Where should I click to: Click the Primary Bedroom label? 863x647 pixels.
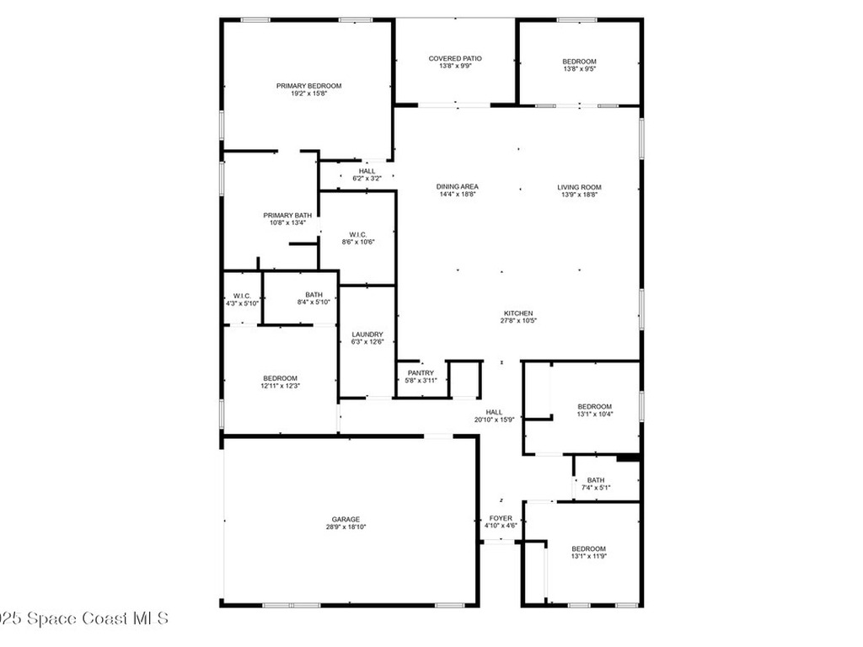[308, 85]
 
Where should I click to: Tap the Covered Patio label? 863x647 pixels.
[455, 58]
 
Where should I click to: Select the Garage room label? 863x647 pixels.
[345, 519]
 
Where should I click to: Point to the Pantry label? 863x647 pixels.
[421, 372]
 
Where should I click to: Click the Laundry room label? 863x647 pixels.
[367, 334]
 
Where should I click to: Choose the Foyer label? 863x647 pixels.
[501, 518]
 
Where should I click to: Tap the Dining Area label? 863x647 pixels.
[458, 187]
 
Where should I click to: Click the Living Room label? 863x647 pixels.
[579, 187]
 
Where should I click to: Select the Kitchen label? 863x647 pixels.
[518, 313]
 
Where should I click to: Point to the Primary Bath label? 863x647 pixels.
[287, 216]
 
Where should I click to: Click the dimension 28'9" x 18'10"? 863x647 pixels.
[346, 527]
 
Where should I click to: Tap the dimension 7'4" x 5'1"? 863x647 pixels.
[596, 488]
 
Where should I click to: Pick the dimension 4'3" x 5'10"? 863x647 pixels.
[242, 303]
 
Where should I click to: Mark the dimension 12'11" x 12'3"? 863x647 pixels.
[280, 386]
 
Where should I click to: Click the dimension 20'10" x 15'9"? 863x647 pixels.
[495, 420]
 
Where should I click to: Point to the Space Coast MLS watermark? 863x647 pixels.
[84, 618]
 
